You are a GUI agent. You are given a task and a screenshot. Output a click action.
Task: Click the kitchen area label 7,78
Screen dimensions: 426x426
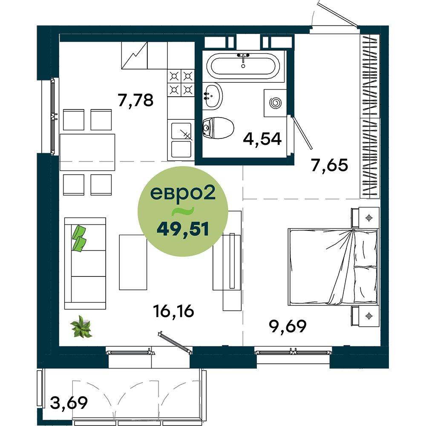(x=135, y=100)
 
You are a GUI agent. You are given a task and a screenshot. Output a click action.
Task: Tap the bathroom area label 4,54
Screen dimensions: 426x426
(x=262, y=139)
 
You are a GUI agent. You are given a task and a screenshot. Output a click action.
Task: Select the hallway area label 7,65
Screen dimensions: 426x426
(x=330, y=165)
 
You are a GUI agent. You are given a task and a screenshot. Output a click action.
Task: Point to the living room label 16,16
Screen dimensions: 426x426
(x=174, y=311)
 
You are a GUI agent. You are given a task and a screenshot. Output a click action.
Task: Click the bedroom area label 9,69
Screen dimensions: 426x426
(x=288, y=326)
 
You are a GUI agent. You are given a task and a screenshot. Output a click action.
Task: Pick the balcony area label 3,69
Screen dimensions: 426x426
(x=69, y=403)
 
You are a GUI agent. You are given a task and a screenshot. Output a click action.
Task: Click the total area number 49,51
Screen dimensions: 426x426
(x=183, y=229)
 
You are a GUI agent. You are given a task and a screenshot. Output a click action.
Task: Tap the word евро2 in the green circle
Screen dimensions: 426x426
(x=183, y=193)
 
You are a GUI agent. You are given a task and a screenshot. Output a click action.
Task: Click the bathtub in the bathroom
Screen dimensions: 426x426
(x=243, y=66)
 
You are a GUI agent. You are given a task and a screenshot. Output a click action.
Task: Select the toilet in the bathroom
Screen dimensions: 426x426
(x=218, y=128)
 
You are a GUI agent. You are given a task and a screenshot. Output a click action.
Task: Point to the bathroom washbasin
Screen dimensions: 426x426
(x=213, y=96)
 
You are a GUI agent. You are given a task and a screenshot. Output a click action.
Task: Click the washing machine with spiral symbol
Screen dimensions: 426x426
(x=275, y=103)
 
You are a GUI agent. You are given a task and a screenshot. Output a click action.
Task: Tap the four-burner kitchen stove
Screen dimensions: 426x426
(x=181, y=83)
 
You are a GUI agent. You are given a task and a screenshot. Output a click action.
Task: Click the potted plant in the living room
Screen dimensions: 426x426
(x=81, y=327)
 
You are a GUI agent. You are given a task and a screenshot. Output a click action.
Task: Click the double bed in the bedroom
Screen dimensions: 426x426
(x=333, y=267)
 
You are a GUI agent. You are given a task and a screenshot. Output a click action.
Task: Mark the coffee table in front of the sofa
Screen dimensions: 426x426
(x=133, y=262)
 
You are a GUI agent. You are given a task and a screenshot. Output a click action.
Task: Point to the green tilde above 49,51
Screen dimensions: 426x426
(x=183, y=211)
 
